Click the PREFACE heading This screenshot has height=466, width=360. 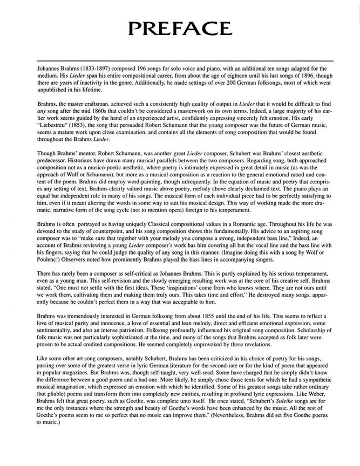(x=180, y=28)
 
